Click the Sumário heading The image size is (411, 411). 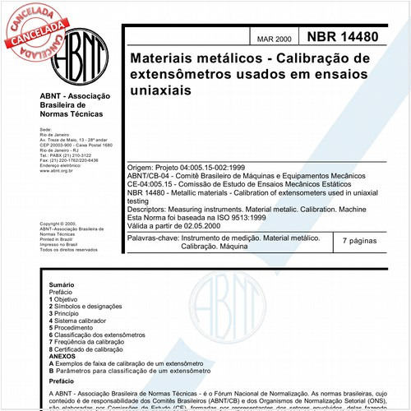[62, 283]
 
